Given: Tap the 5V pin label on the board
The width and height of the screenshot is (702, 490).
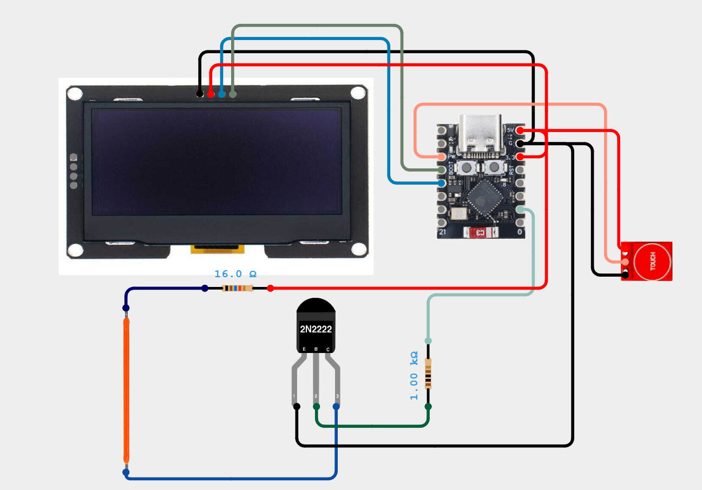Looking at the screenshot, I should click(x=510, y=130).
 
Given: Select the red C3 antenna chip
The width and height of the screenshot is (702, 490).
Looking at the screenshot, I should click(x=480, y=233).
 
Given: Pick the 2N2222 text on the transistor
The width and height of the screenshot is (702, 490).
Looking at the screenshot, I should click(x=316, y=329).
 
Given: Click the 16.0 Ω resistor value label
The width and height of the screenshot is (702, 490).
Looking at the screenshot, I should click(x=235, y=274).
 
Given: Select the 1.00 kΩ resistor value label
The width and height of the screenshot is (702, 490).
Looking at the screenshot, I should click(x=414, y=375).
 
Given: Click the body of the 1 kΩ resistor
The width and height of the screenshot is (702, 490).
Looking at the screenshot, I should click(x=428, y=374).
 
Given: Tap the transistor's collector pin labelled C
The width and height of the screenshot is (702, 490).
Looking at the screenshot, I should click(x=328, y=349).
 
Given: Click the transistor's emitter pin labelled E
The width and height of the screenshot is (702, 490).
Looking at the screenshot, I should click(x=305, y=349).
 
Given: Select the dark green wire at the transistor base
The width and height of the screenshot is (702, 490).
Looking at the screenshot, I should click(x=373, y=425).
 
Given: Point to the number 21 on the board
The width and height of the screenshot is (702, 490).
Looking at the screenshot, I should click(x=442, y=232).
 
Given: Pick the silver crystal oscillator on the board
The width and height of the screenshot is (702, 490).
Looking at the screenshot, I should click(x=460, y=213).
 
